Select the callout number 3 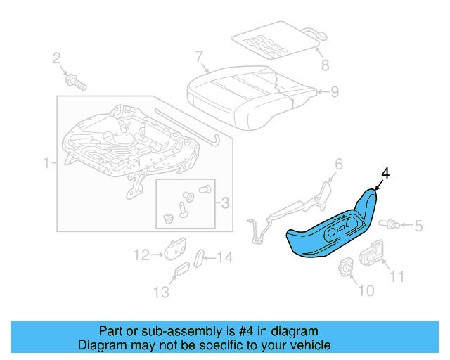click(225, 203)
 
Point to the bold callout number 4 click(385, 172)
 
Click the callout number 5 click(418, 226)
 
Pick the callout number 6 click(338, 165)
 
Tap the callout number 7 click(199, 56)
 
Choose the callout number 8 click(324, 66)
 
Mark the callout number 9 click(335, 91)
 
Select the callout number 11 click(397, 276)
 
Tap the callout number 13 click(161, 291)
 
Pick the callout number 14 click(224, 257)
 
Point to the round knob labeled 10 click(347, 266)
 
